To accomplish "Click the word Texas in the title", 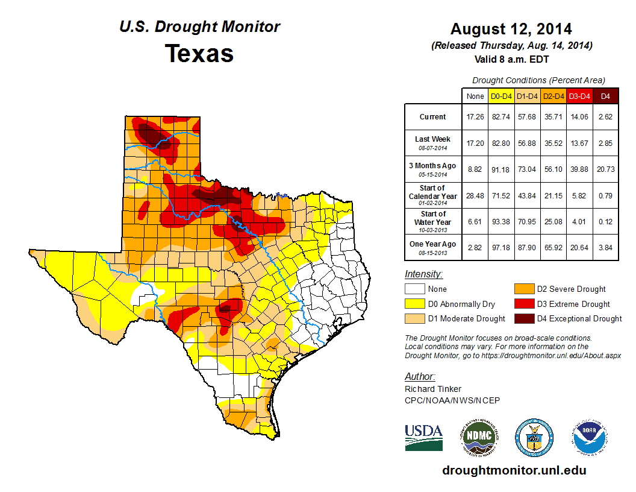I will [199, 54].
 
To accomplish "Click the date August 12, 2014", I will [511, 29].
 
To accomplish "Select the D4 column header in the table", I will [606, 96].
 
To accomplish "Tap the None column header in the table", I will [475, 96].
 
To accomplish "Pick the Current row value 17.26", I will [475, 117].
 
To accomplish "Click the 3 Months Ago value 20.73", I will [606, 169].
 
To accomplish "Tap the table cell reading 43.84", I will [527, 195].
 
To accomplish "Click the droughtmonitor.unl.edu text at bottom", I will [514, 470].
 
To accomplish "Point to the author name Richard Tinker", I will [433, 389].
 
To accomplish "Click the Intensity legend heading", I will [423, 274].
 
